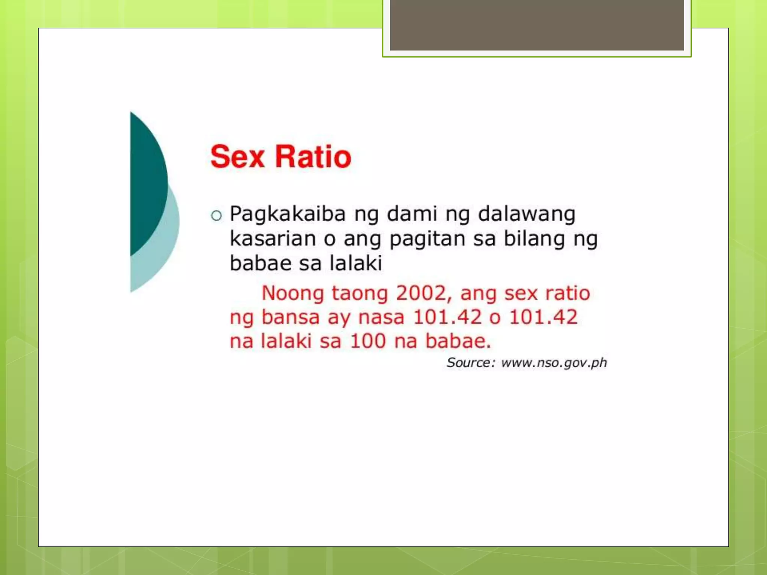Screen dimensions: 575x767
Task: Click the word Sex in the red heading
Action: point(237,157)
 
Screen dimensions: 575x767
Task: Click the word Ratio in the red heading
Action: point(313,157)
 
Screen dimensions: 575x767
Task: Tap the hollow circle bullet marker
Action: point(216,216)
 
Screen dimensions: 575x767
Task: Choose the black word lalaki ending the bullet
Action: point(356,263)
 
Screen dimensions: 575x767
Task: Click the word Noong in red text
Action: point(292,293)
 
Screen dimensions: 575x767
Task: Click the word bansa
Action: point(290,317)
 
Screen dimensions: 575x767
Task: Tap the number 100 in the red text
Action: point(368,341)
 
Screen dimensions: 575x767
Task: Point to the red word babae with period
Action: point(458,341)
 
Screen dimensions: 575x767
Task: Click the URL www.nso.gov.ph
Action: point(554,363)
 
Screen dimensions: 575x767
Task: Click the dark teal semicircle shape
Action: point(148,183)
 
